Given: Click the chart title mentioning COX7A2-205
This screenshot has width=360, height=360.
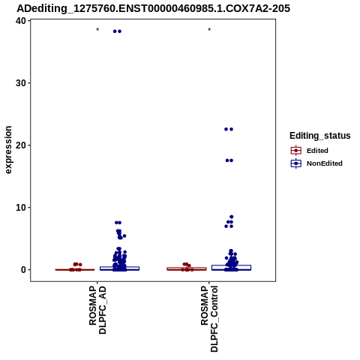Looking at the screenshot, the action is pyautogui.click(x=153, y=8).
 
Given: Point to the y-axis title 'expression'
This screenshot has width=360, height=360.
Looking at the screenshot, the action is pyautogui.click(x=8, y=150).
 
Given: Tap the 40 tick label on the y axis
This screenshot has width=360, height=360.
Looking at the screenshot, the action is pyautogui.click(x=21, y=21).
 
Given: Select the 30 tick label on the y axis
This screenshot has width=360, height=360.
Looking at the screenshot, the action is pyautogui.click(x=21, y=83).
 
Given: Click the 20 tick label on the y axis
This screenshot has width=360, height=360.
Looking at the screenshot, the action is pyautogui.click(x=21, y=145).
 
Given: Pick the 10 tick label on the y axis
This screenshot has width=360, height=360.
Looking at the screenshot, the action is pyautogui.click(x=21, y=208).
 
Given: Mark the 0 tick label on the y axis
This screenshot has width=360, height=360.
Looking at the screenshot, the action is pyautogui.click(x=24, y=270).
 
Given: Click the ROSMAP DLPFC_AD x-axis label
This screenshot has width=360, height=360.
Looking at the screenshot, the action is pyautogui.click(x=97, y=310).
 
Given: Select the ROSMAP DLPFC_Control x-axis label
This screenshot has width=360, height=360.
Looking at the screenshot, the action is pyautogui.click(x=209, y=319).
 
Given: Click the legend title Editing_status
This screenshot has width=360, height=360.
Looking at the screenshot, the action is pyautogui.click(x=320, y=136).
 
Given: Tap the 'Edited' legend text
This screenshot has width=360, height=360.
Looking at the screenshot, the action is pyautogui.click(x=317, y=151).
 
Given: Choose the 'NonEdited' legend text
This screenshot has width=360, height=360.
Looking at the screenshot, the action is pyautogui.click(x=325, y=163).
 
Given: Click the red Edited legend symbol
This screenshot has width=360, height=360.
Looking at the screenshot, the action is pyautogui.click(x=296, y=151).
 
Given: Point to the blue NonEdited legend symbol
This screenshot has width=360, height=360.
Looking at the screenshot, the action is pyautogui.click(x=296, y=163).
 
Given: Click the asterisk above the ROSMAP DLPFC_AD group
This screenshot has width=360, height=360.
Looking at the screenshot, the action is pyautogui.click(x=97, y=30).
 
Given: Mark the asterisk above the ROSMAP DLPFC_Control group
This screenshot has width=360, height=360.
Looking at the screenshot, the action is pyautogui.click(x=209, y=30).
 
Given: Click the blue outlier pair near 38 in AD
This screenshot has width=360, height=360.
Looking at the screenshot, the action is pyautogui.click(x=117, y=31).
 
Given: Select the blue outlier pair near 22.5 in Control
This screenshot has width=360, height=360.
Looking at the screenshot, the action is pyautogui.click(x=229, y=129).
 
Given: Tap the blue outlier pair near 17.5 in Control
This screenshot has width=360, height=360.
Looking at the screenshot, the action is pyautogui.click(x=229, y=160).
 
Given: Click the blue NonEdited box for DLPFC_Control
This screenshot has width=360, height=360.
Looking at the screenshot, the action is pyautogui.click(x=231, y=268).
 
